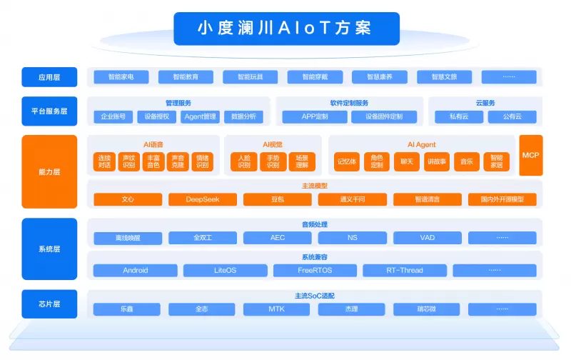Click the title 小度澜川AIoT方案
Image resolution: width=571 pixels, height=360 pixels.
point(285,28)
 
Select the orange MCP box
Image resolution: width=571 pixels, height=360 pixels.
point(530,155)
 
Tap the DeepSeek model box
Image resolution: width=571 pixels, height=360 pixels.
point(202,199)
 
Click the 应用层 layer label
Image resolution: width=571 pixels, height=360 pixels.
point(49,76)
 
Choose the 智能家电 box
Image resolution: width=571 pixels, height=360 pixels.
point(120,76)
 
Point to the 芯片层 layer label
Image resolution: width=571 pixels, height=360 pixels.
point(49,304)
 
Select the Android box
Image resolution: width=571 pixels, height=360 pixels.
point(136,271)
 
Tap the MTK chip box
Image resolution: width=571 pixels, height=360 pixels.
point(277,309)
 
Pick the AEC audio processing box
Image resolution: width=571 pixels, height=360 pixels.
point(277,238)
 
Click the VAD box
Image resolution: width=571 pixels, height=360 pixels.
point(427,238)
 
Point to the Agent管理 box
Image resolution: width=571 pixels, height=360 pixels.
point(200,116)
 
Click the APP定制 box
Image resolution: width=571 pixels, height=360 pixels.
point(315,116)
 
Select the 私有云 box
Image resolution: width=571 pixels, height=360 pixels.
point(460,116)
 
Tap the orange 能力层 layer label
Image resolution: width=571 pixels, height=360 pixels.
point(49,171)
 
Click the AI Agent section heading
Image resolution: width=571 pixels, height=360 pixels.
point(421,144)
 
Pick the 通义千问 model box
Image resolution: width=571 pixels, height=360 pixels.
point(352,199)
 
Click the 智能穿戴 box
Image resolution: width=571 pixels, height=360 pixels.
point(314,76)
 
